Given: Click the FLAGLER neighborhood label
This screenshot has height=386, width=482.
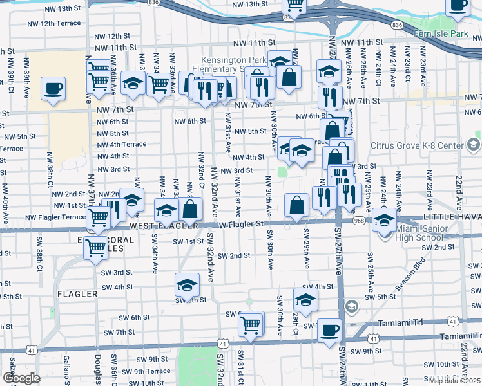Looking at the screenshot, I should coord(77,294).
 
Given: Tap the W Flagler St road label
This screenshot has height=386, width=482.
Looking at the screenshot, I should coord(242,225).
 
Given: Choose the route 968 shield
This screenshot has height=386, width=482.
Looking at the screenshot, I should coord(360,220).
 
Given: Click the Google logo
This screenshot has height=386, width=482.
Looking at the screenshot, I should coord(21,378).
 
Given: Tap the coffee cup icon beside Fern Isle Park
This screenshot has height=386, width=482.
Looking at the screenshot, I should coord(458,5).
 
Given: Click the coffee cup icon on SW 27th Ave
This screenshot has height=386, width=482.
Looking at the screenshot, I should coord(329,330).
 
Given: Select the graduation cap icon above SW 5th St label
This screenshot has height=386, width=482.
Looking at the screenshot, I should coord(187,284).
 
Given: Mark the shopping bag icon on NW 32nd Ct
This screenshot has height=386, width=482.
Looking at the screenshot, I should coord(191,209).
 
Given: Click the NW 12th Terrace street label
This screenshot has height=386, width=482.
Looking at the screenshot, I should coord(54,23).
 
